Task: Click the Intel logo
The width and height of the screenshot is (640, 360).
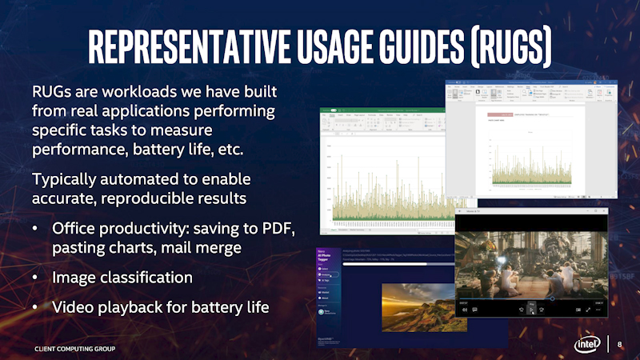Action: click(x=586, y=344)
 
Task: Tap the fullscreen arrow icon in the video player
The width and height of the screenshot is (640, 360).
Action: click(x=589, y=309)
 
